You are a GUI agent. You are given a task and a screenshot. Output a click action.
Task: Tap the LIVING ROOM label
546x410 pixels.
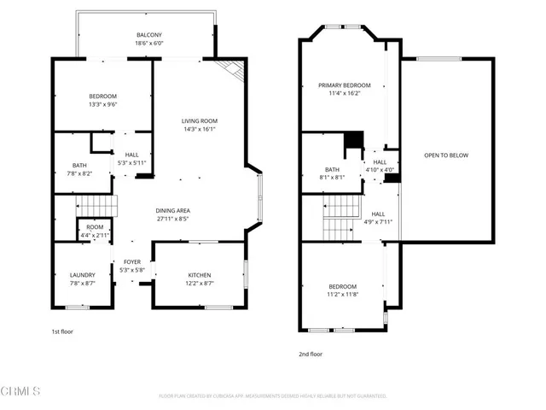(x=201, y=121)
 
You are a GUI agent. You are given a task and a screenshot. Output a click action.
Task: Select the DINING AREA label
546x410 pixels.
(x=172, y=210)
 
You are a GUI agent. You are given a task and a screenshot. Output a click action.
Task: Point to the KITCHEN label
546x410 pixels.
(x=200, y=275)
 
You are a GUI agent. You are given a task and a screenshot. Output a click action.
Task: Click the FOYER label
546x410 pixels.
(x=132, y=262)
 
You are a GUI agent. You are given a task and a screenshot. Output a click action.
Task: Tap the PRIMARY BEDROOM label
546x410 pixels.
(x=345, y=85)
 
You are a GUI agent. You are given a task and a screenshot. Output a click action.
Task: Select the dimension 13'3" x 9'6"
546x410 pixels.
(x=102, y=104)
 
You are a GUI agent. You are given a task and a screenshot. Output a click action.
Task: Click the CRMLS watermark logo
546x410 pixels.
(x=20, y=391)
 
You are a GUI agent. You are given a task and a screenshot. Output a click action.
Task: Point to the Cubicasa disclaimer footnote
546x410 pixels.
(x=273, y=396)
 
